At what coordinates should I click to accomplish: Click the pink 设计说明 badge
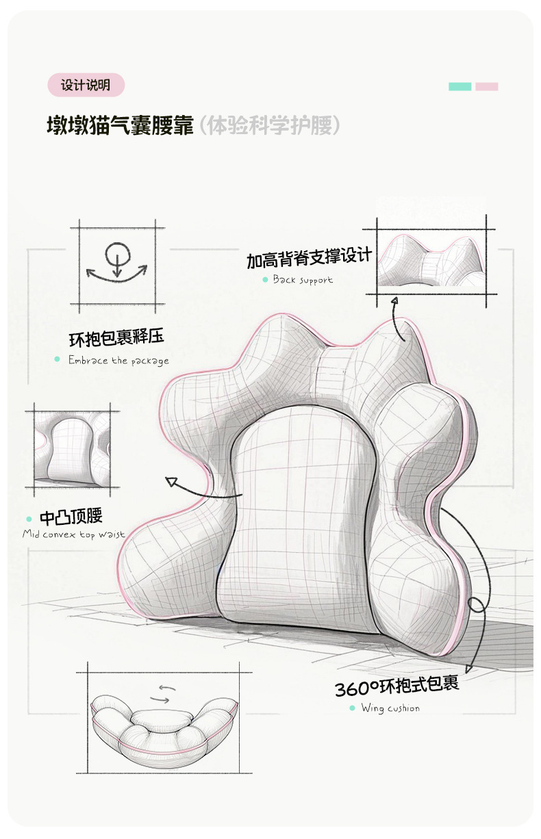pos(86,86)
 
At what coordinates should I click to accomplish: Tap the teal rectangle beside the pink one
pos(460,87)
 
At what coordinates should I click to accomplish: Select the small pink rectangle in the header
pos(486,87)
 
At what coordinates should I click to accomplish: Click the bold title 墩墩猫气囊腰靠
pos(121,126)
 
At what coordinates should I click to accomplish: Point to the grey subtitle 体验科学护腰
pos(268,126)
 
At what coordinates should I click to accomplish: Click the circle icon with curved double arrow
pos(116,264)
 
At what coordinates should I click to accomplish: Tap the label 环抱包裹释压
pos(116,338)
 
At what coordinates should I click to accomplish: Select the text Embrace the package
pos(118,361)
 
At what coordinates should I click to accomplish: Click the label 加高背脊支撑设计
pos(309,259)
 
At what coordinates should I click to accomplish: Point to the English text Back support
pos(303,279)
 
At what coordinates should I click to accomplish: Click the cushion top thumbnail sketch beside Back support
pos(431,260)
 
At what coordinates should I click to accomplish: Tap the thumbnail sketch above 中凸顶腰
pos(73,449)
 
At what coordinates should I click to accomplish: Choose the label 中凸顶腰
pos(71,517)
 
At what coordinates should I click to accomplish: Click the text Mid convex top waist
pos(74,534)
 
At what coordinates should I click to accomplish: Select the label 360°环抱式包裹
pos(397,686)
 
